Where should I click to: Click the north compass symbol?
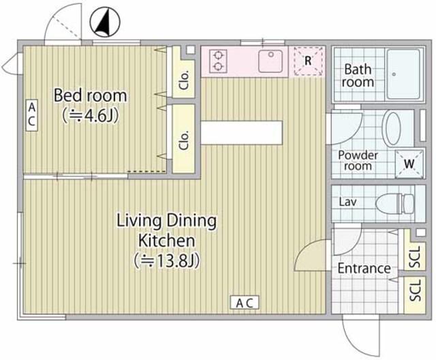(105, 22)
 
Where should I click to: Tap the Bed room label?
(91, 95)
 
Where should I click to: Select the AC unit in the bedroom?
(32, 115)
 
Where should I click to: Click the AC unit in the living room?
(245, 303)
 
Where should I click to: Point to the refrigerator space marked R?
(307, 61)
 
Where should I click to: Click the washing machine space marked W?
(409, 164)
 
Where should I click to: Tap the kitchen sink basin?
(271, 61)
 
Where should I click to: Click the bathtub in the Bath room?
(403, 74)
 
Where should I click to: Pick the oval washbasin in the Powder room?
(392, 128)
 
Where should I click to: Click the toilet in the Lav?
(395, 203)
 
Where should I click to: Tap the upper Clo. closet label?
(185, 80)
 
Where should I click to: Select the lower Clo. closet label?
(185, 140)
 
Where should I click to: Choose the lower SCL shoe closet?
(415, 295)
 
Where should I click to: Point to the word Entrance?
(364, 269)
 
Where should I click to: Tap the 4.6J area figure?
(91, 115)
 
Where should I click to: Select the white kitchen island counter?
(241, 132)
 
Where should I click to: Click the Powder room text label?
(358, 160)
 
